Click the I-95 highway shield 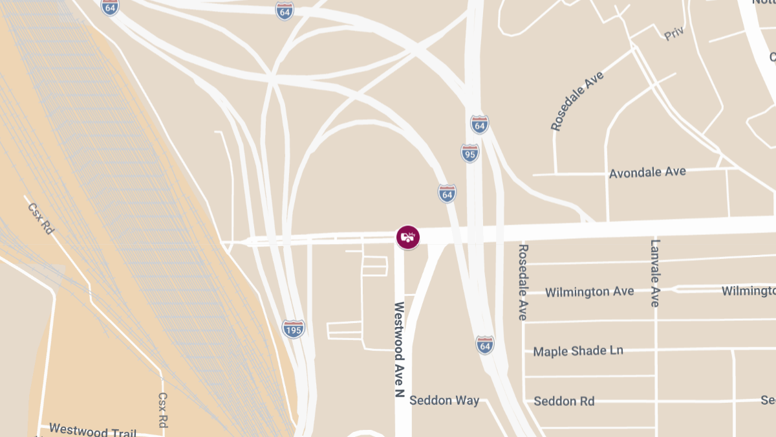470,153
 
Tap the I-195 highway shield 294,329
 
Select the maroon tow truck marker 408,237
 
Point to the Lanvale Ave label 655,273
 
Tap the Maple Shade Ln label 578,351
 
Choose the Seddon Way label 444,400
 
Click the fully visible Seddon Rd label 564,401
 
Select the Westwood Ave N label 399,353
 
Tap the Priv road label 674,34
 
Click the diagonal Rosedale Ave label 577,101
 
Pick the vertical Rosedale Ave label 523,282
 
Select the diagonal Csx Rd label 40,218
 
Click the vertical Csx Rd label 163,410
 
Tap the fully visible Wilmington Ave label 589,292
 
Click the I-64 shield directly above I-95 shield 479,124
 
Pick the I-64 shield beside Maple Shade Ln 485,345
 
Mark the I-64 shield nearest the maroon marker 447,193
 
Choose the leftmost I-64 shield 110,7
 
